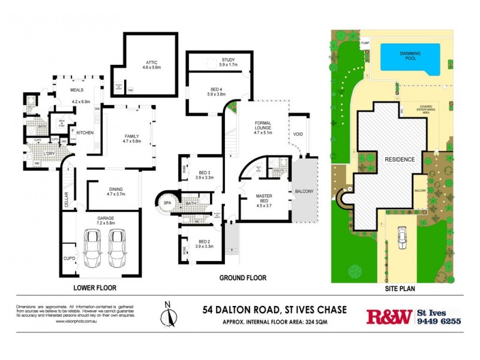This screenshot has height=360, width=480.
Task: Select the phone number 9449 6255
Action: tap(439, 322)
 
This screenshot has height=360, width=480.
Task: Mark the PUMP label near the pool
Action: tap(365, 43)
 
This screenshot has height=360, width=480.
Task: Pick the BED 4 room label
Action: tap(215, 91)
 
